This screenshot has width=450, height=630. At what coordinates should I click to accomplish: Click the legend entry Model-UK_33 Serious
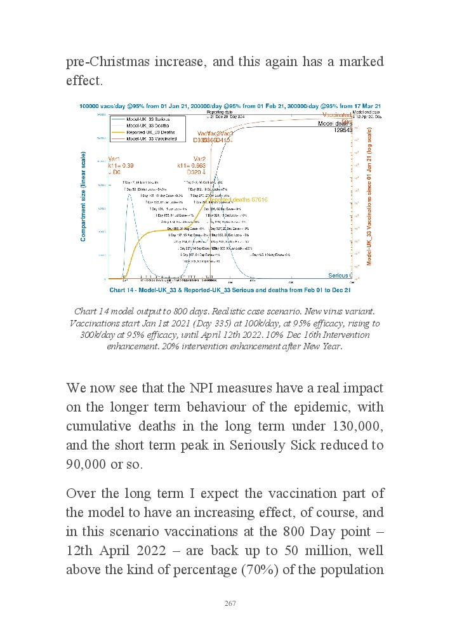147,119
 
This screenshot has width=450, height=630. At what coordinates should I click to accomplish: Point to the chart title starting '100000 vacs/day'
229,105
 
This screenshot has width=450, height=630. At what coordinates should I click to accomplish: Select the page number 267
230,604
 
